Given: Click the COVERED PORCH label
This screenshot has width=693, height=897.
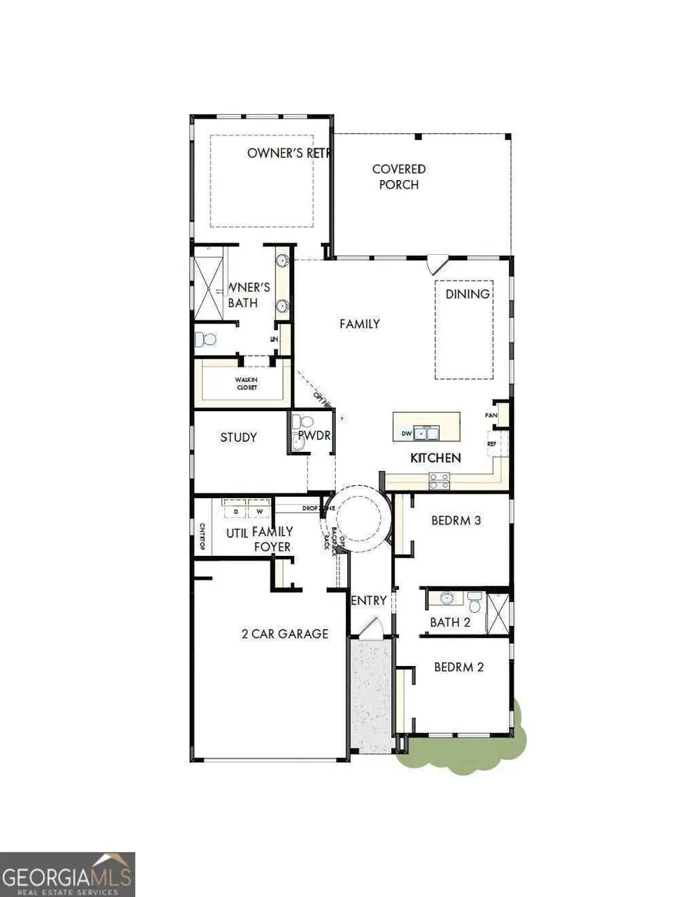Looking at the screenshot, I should [x=399, y=176].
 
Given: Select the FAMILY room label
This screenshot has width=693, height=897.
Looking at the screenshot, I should [x=360, y=323].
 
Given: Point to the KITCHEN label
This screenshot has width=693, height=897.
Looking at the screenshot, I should [x=435, y=457].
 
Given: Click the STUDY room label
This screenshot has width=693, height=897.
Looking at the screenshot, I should [x=239, y=437].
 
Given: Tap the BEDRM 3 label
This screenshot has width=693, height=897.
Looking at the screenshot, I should [x=456, y=520].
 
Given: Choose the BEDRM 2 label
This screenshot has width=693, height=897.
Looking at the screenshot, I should [x=458, y=667].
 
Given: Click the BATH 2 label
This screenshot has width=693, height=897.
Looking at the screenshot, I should [x=450, y=622].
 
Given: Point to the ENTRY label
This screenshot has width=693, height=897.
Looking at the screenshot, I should [x=368, y=601].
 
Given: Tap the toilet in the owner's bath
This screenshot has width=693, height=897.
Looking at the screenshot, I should [x=203, y=339].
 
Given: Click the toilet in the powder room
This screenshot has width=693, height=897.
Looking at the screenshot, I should [x=303, y=421].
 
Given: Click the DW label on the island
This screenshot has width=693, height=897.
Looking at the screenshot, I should [x=407, y=434].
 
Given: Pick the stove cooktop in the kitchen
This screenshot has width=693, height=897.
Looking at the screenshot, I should [x=439, y=481].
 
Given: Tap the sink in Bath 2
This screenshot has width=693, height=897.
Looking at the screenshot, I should [x=446, y=597].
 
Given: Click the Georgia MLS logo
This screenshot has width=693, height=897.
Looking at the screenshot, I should [x=68, y=875].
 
